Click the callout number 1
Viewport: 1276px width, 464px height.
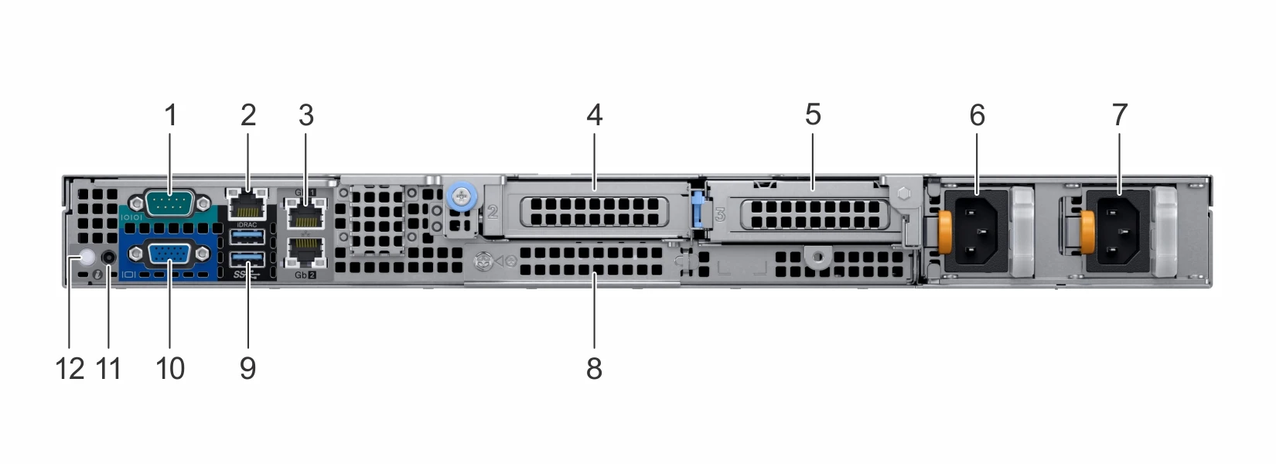point(171,115)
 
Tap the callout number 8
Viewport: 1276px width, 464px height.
point(594,368)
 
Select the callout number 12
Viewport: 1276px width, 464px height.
point(70,368)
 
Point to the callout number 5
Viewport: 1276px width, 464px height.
point(812,114)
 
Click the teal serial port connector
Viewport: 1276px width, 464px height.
point(170,204)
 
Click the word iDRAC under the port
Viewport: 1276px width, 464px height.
point(247,224)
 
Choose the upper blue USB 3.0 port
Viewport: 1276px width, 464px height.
point(247,236)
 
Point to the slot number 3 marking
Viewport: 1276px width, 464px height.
point(720,214)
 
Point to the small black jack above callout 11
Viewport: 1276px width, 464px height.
point(109,256)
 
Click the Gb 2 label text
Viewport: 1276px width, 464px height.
point(305,275)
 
